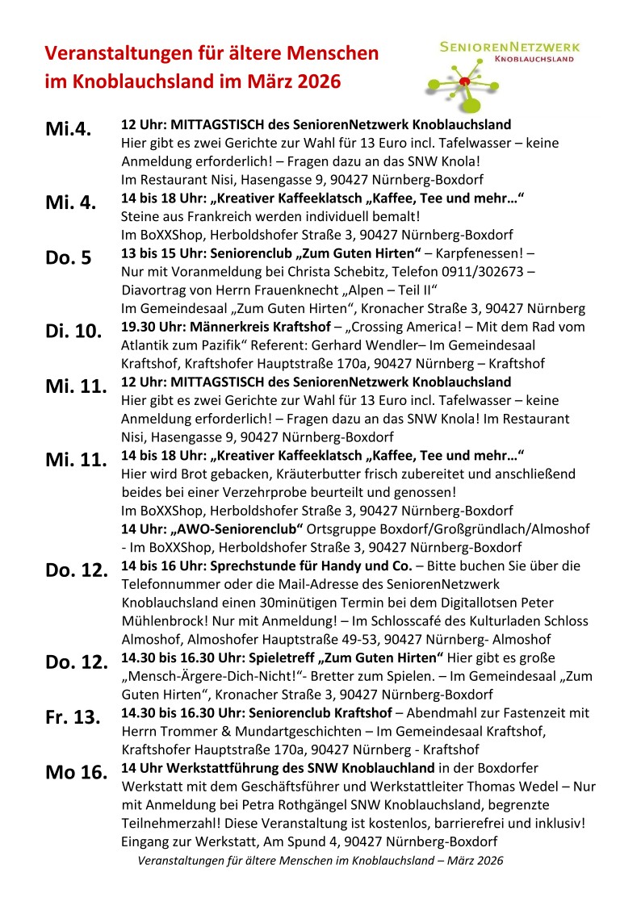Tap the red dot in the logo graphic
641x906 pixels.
463,82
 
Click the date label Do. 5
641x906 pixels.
69,257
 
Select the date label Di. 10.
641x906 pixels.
74,331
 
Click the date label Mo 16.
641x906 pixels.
76,772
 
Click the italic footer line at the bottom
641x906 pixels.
320,861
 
